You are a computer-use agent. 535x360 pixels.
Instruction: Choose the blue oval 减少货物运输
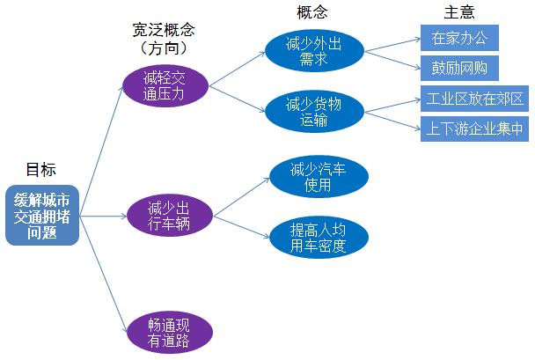pos(314,113)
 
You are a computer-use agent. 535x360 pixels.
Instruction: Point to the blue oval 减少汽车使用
pos(317,177)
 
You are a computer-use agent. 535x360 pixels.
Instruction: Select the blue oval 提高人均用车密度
pos(318,238)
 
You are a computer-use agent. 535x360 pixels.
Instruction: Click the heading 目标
pos(40,170)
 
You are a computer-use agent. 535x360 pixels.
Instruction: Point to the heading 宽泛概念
pos(167,30)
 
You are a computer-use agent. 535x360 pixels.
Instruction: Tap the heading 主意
pos(458,12)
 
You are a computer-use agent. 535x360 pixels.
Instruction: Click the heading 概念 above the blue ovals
pos(313,12)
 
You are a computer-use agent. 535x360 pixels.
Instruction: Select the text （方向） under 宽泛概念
pos(167,48)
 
